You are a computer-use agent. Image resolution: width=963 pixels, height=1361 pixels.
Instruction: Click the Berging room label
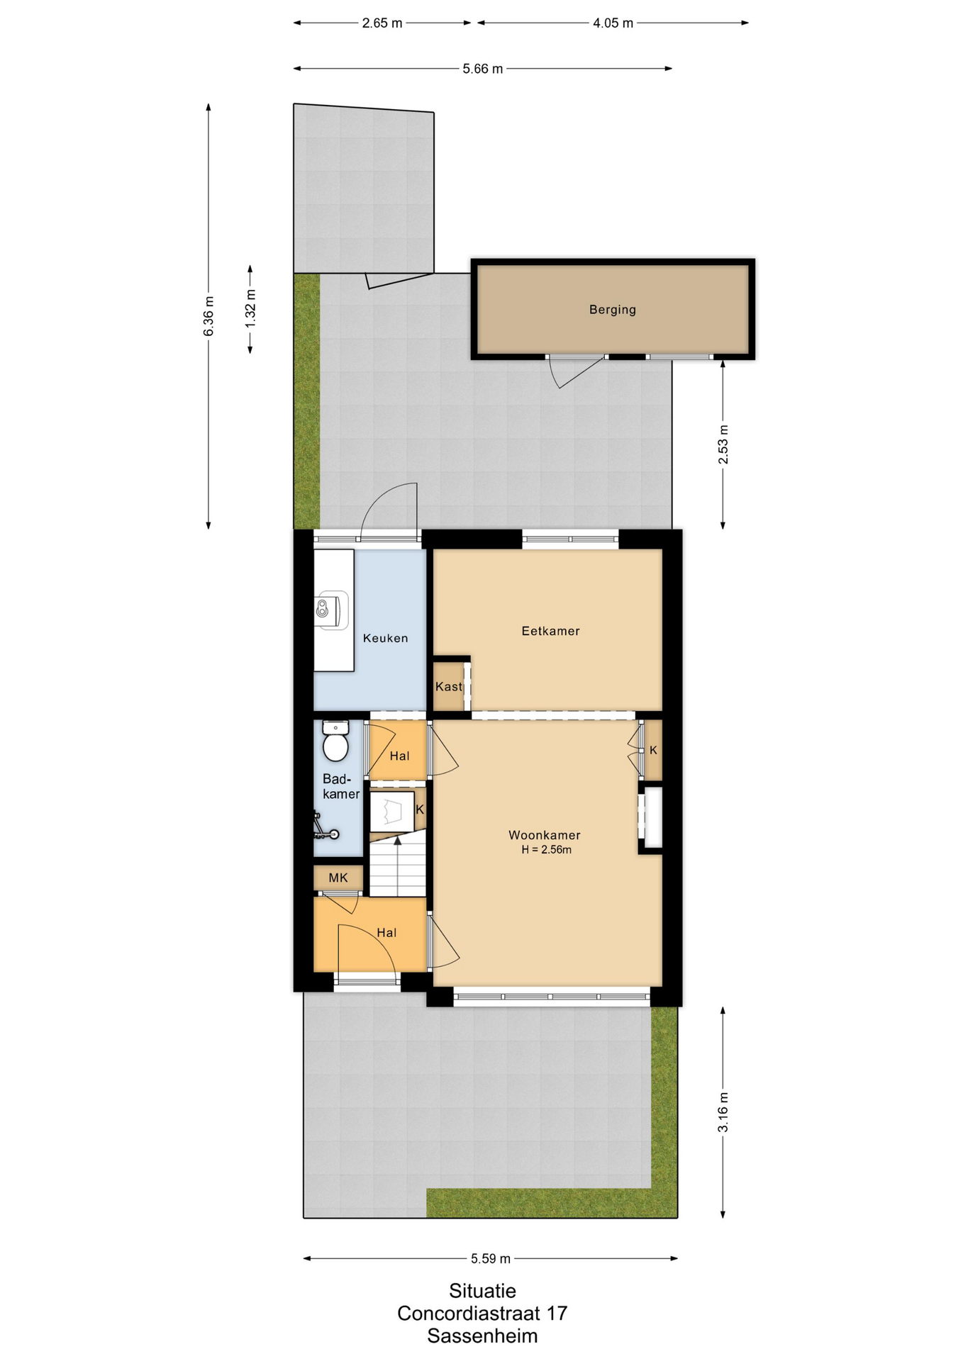point(612,310)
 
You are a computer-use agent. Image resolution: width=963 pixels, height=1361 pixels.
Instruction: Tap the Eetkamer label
point(550,631)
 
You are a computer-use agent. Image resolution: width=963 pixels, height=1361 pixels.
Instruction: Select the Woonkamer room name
point(545,835)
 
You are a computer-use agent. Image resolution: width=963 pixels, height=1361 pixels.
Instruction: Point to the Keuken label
point(385,638)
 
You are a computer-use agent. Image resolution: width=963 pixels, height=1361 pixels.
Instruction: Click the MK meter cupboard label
point(338,878)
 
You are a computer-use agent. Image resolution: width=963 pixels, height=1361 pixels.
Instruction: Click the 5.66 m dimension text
point(483,69)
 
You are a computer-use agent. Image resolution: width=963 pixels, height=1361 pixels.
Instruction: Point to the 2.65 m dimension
point(382,23)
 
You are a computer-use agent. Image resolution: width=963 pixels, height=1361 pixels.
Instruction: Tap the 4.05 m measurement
point(613,23)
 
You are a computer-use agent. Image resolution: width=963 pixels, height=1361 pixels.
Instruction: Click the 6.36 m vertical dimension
point(208,317)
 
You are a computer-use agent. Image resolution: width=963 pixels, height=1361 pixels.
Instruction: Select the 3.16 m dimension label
point(723,1112)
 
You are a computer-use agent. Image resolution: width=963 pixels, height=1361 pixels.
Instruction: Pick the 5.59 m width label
point(491,1258)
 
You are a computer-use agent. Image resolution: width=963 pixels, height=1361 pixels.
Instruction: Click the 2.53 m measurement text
point(723,444)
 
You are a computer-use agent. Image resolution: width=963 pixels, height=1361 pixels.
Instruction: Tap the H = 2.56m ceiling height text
point(546,850)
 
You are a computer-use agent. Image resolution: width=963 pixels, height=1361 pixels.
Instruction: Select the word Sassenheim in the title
point(482,1336)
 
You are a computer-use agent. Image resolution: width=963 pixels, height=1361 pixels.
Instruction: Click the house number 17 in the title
point(557,1314)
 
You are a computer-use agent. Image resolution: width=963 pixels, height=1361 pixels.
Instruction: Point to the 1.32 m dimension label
point(250,309)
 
